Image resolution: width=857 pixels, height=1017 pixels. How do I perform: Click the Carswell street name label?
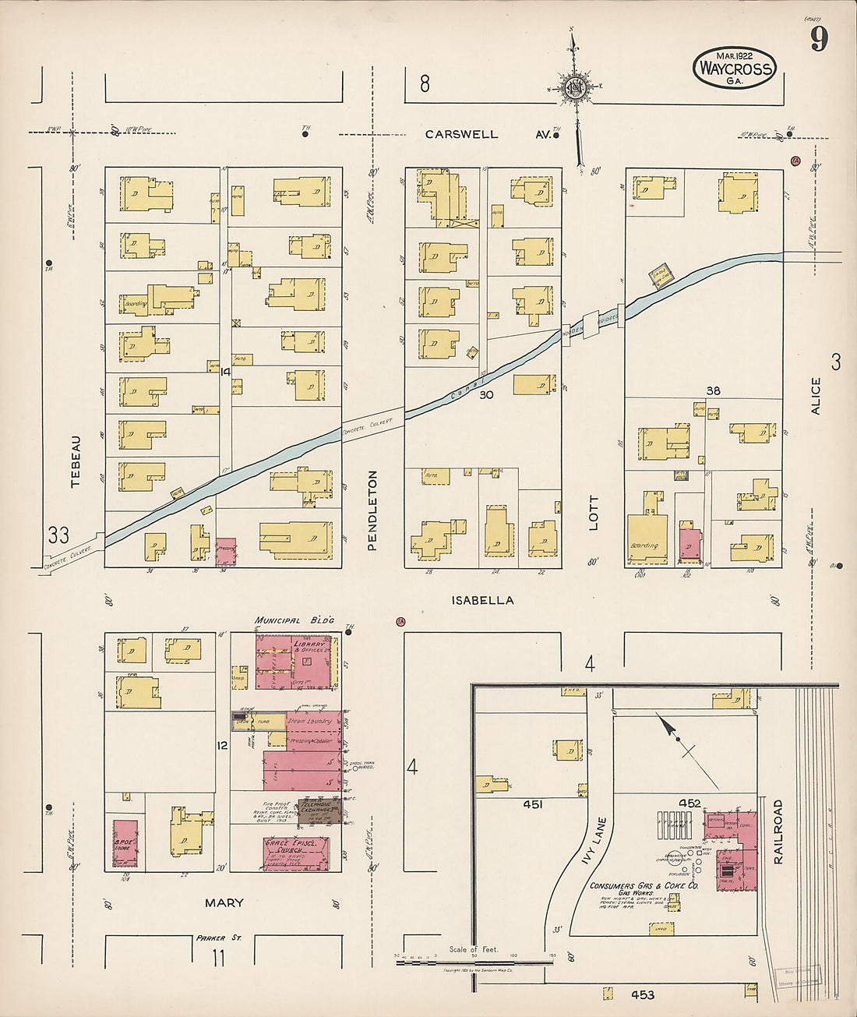click(x=461, y=134)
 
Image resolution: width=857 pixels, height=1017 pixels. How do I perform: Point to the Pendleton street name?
click(x=372, y=510)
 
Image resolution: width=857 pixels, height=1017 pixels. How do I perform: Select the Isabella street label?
click(x=482, y=600)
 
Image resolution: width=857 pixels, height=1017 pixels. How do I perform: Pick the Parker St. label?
click(x=219, y=938)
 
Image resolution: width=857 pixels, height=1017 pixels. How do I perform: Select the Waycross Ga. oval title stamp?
click(x=734, y=68)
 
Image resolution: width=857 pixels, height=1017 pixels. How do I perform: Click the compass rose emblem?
click(x=577, y=87)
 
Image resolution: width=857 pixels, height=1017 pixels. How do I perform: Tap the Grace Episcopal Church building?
click(x=295, y=853)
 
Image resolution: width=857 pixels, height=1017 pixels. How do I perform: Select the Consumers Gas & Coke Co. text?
click(x=644, y=887)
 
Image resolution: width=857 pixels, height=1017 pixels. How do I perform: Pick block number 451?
click(x=533, y=804)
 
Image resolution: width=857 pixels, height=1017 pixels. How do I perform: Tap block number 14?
click(x=225, y=373)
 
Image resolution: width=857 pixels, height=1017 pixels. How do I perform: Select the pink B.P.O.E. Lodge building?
click(x=125, y=843)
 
